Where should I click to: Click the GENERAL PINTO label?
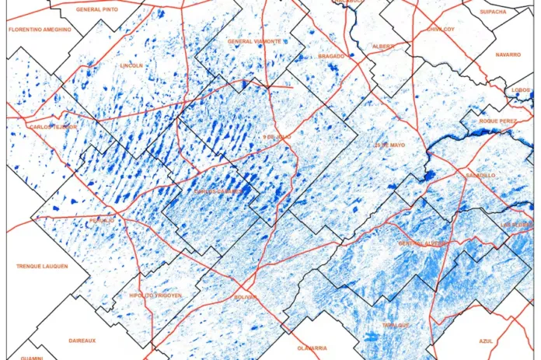click(97, 9)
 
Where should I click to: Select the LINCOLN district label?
click(131, 66)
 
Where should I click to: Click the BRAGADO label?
click(331, 56)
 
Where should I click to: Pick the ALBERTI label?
click(383, 46)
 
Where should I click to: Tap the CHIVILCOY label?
click(440, 29)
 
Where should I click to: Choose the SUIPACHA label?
click(494, 12)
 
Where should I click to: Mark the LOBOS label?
click(521, 90)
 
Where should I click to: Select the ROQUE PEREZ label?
click(498, 121)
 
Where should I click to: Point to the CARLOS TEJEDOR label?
click(53, 127)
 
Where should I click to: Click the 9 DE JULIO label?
click(276, 138)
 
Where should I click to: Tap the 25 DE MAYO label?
click(389, 145)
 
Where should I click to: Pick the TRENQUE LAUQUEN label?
click(42, 266)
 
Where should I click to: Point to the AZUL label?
click(487, 341)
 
